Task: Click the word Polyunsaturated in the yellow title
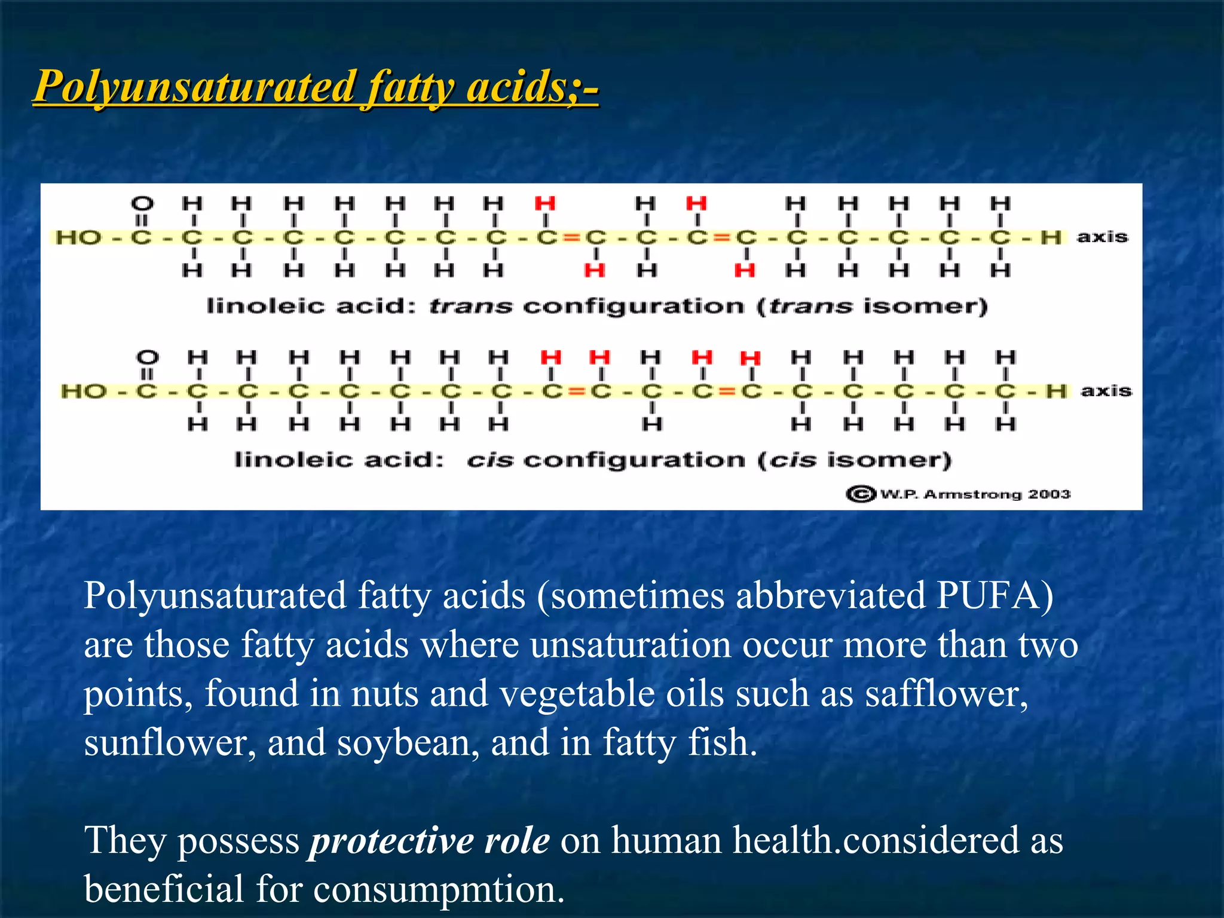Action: tap(195, 87)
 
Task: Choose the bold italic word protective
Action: tap(390, 841)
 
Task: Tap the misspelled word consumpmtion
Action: tap(439, 889)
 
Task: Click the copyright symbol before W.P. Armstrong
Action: tap(861, 494)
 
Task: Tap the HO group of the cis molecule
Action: tap(84, 391)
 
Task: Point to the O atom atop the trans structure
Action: tap(142, 204)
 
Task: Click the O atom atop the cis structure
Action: tap(148, 357)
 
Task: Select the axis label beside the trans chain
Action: tap(1103, 237)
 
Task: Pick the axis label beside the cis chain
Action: tap(1106, 391)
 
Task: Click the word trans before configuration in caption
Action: tap(471, 307)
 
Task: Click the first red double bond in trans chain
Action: tap(571, 238)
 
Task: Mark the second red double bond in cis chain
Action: tap(727, 391)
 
